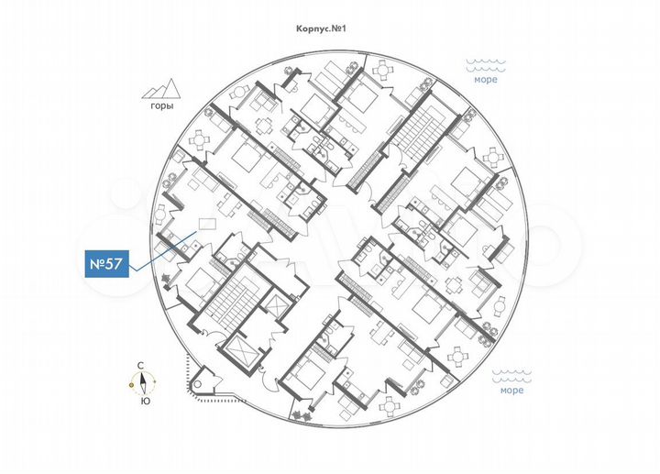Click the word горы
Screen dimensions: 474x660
(x=158, y=105)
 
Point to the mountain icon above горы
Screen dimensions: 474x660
(x=159, y=88)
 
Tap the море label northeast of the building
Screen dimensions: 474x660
(x=486, y=80)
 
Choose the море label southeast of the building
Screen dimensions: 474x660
(x=511, y=391)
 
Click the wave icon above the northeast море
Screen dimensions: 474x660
(x=486, y=65)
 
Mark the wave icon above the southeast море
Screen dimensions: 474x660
(x=511, y=376)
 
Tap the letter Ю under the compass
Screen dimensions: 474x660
(x=145, y=402)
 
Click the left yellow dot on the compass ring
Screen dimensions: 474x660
(x=132, y=384)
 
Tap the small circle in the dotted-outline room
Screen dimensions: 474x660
(x=203, y=377)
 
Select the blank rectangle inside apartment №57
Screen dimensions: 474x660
(x=207, y=225)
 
